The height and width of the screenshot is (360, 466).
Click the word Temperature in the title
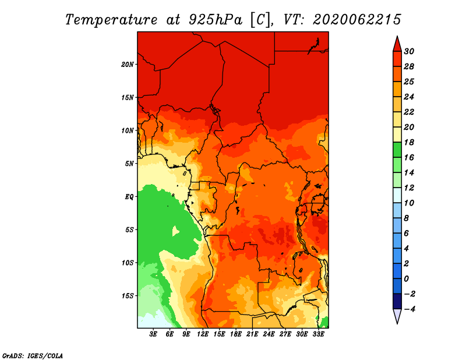pos(111,20)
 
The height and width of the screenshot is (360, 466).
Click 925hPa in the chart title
pos(216,20)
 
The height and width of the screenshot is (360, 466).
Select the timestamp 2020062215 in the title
pos(357,20)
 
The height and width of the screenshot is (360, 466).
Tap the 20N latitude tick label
pos(128,65)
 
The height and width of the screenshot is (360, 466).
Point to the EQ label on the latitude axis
pos(129,197)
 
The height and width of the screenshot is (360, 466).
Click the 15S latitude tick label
pos(128,296)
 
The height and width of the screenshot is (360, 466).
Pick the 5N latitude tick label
pos(129,164)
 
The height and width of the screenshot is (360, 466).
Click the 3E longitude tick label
pos(153,334)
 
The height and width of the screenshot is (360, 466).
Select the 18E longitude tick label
pos(235,334)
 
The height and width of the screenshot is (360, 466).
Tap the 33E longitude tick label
pos(318,334)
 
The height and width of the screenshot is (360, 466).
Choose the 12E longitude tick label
pos(202,334)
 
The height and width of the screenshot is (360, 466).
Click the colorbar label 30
pos(409,51)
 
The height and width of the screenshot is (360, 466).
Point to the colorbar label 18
pos(409,142)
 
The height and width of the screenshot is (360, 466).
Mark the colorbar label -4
pos(409,309)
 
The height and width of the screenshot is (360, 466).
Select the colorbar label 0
pos(407,279)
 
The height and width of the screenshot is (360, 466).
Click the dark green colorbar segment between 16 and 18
pos(397,150)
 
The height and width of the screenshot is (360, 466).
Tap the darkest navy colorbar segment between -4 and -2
pos(397,301)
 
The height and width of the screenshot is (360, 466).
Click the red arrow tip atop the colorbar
pos(397,37)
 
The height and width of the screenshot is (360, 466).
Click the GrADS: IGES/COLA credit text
pos(33,356)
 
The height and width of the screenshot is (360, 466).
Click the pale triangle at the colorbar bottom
pos(397,315)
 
